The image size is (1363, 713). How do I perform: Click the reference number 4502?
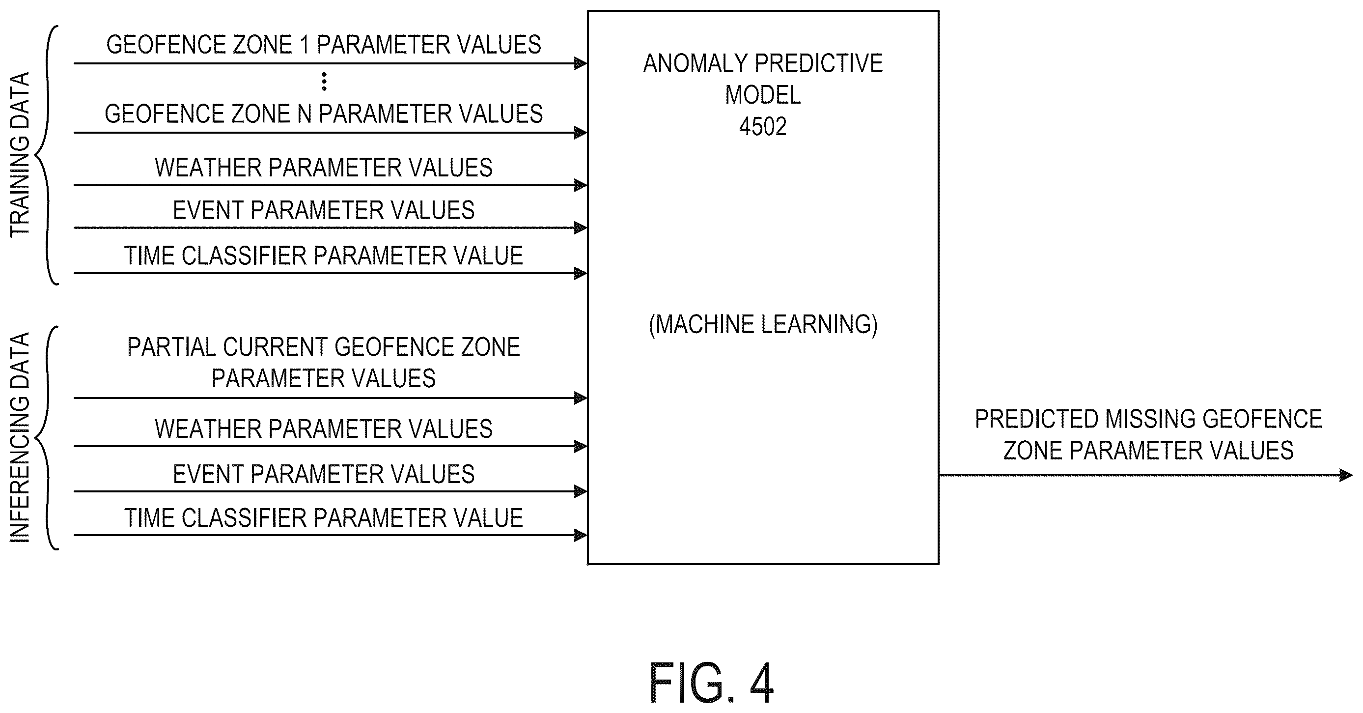click(762, 126)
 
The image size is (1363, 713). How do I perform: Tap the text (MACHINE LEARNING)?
click(763, 324)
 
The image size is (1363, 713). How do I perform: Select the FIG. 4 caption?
click(711, 684)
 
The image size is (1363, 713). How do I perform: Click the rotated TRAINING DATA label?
click(20, 155)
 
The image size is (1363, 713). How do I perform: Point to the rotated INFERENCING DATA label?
click(20, 438)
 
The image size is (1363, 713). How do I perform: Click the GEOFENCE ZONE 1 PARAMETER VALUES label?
click(324, 44)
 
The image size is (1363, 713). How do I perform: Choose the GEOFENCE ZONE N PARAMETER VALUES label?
click(324, 114)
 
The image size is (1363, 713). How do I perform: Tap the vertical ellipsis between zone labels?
click(324, 82)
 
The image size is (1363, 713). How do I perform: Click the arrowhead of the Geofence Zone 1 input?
click(581, 63)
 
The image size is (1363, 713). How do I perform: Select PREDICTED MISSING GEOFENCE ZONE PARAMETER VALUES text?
click(1148, 434)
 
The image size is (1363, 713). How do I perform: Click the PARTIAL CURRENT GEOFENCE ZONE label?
click(324, 347)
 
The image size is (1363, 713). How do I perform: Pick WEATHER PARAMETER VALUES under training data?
click(324, 168)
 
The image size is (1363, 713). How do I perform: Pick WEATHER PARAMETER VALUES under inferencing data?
click(324, 429)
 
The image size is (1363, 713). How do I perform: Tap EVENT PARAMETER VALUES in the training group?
click(324, 210)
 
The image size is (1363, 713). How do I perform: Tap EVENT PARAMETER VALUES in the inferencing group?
click(324, 474)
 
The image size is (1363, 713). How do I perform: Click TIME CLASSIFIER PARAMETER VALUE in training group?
click(324, 256)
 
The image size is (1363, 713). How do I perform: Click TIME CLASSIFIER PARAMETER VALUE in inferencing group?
click(324, 518)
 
